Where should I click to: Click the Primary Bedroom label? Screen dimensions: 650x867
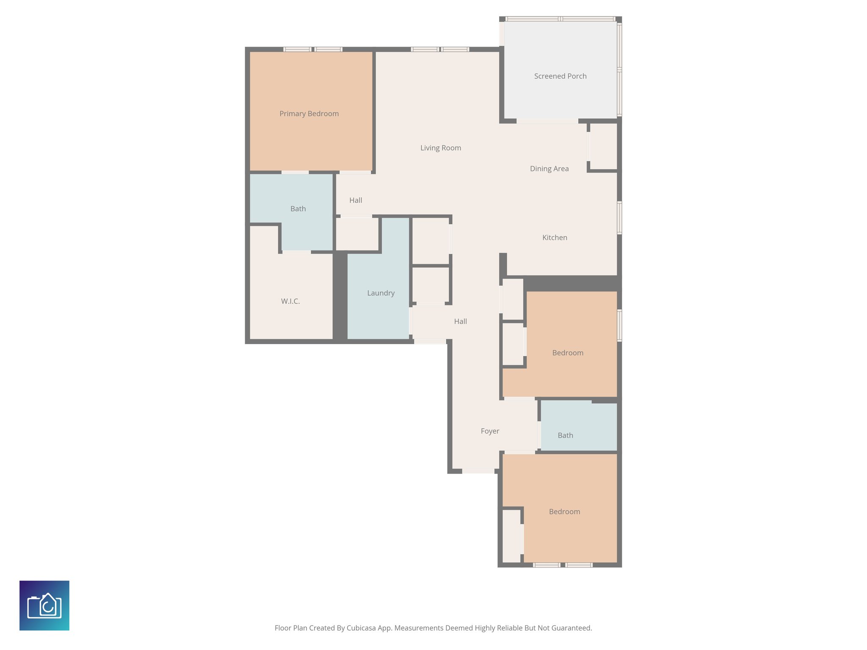pyautogui.click(x=309, y=114)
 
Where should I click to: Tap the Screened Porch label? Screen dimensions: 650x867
pyautogui.click(x=560, y=76)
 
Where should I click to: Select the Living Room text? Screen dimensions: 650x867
pyautogui.click(x=440, y=148)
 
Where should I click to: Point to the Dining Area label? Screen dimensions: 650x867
pyautogui.click(x=549, y=169)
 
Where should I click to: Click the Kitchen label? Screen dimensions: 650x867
pyautogui.click(x=555, y=238)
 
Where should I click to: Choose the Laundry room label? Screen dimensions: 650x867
pyautogui.click(x=381, y=293)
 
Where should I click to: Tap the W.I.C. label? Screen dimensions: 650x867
pyautogui.click(x=290, y=301)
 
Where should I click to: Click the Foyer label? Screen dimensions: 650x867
pyautogui.click(x=490, y=431)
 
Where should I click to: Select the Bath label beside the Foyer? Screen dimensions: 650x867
pyautogui.click(x=565, y=435)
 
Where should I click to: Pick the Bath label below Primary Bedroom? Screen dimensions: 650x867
pyautogui.click(x=298, y=209)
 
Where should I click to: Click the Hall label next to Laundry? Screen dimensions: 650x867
pyautogui.click(x=460, y=322)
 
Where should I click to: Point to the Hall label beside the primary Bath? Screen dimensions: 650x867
pyautogui.click(x=356, y=201)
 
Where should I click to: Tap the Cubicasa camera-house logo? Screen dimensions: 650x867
pyautogui.click(x=44, y=606)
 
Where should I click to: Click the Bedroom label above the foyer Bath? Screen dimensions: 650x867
pyautogui.click(x=568, y=353)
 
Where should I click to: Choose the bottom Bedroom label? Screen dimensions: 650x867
pyautogui.click(x=564, y=512)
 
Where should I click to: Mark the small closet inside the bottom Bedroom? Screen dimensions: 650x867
pyautogui.click(x=511, y=536)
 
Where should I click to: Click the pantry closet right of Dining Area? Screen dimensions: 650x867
pyautogui.click(x=603, y=146)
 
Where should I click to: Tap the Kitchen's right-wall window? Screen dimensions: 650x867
pyautogui.click(x=619, y=218)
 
